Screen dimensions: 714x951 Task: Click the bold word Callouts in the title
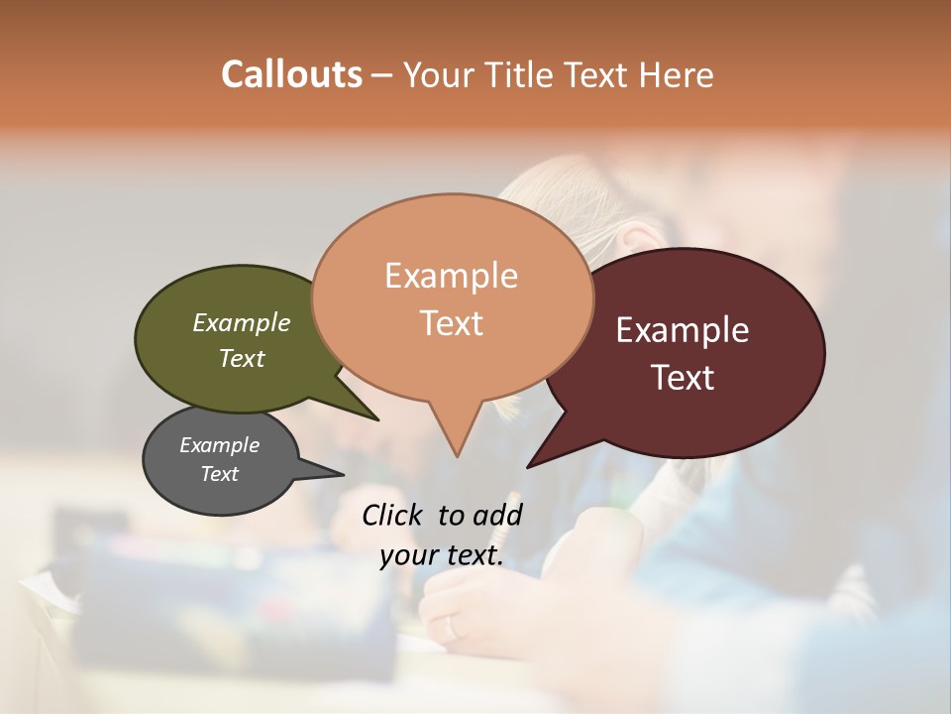click(291, 74)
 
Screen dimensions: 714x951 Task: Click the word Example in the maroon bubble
click(683, 330)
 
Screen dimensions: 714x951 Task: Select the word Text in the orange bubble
click(452, 323)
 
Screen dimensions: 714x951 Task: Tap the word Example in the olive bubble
click(242, 322)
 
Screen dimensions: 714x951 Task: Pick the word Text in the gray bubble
click(220, 474)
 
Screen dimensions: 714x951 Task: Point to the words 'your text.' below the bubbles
click(442, 555)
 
